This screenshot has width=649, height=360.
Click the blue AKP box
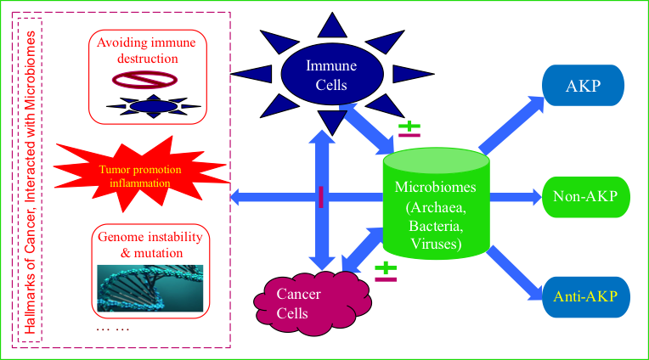[x=583, y=86]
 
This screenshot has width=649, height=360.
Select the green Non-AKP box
[x=584, y=197]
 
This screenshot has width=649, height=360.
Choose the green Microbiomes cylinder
[x=435, y=204]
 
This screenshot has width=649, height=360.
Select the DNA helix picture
[x=150, y=288]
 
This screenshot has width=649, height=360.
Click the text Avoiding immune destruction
[x=149, y=51]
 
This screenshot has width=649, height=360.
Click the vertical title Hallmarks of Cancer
[x=32, y=180]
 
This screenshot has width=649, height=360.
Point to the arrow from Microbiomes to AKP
[x=511, y=124]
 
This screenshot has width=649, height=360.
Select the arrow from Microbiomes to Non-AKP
[x=515, y=197]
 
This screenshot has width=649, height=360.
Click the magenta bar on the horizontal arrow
[x=321, y=197]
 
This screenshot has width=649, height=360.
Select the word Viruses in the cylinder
[x=434, y=245]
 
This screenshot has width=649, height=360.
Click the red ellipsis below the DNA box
[x=112, y=329]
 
